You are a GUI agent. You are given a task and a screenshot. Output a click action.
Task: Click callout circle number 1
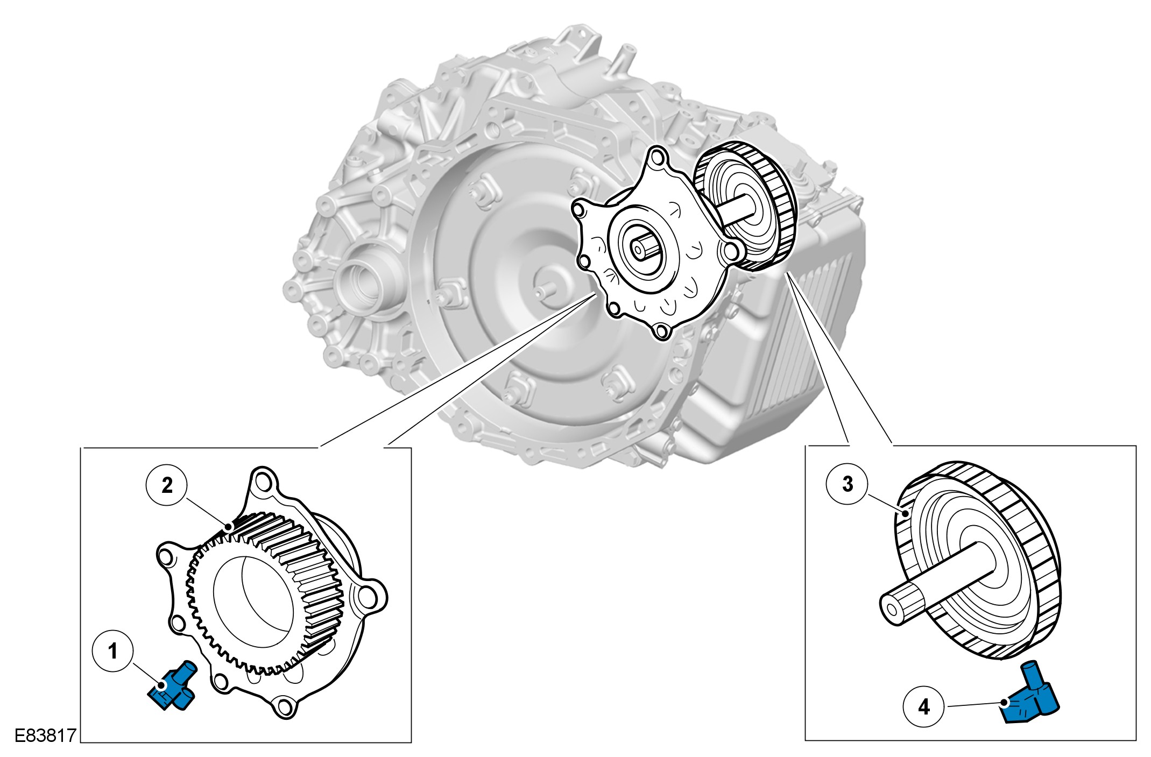pos(112,652)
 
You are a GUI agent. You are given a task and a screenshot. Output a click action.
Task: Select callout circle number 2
pos(167,485)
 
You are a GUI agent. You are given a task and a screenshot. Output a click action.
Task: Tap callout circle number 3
pos(848,484)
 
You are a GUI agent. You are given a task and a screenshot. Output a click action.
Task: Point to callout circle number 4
pos(924,706)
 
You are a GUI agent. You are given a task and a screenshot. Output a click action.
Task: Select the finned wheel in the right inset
pos(977,560)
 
